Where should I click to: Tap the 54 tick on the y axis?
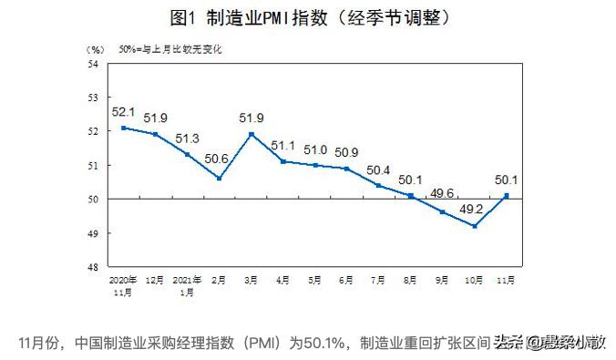(x=92, y=64)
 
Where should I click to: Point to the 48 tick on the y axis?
(x=92, y=267)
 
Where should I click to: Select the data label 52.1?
(x=122, y=112)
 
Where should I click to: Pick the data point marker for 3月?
(x=251, y=134)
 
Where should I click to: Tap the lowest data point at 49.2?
(x=475, y=226)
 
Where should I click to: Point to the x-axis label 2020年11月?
(x=122, y=286)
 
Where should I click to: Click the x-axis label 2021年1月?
(x=187, y=286)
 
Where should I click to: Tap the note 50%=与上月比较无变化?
(x=169, y=47)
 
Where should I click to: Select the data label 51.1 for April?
(x=282, y=146)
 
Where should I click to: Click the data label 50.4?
(x=378, y=170)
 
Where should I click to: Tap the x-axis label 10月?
(x=474, y=281)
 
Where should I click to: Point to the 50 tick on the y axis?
(x=92, y=200)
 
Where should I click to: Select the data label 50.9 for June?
(x=345, y=152)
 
